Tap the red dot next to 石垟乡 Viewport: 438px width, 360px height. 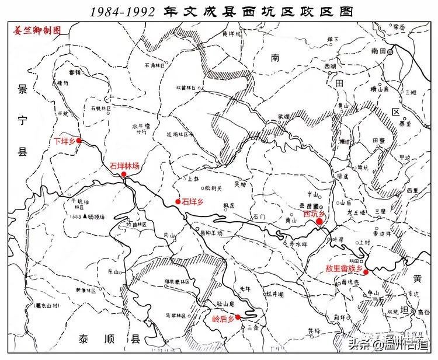click(x=178, y=202)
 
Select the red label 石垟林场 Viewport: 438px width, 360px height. click(x=124, y=166)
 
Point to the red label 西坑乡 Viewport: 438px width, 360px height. click(x=314, y=214)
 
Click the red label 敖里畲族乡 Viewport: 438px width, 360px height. click(x=345, y=269)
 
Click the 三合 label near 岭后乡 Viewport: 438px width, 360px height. click(x=252, y=327)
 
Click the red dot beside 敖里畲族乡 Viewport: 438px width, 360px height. click(x=366, y=271)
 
